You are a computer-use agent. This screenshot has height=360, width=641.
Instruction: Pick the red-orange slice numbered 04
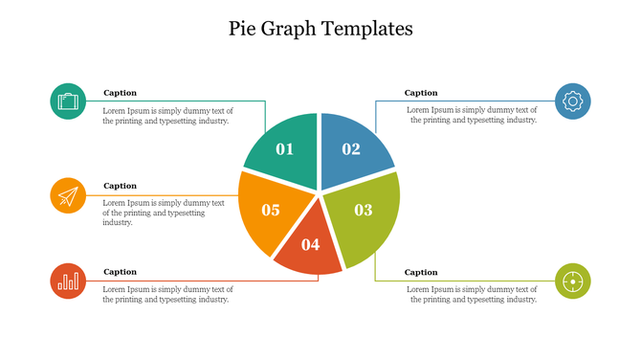pyautogui.click(x=309, y=247)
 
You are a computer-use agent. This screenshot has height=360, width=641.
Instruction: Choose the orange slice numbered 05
pyautogui.click(x=268, y=211)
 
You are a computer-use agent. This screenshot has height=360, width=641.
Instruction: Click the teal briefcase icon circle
pyautogui.click(x=68, y=101)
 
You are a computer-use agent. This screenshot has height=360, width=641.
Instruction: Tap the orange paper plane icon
pyautogui.click(x=68, y=195)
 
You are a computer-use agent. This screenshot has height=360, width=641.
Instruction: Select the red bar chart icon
pyautogui.click(x=68, y=281)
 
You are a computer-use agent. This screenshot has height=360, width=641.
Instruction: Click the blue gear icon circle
pyautogui.click(x=573, y=101)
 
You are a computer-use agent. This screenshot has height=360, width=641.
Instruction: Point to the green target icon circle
pyautogui.click(x=573, y=281)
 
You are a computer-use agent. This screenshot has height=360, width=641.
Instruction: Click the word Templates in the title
pyautogui.click(x=369, y=29)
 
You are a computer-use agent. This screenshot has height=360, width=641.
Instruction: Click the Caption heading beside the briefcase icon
pyautogui.click(x=121, y=93)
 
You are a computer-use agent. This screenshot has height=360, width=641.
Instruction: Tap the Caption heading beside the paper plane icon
pyautogui.click(x=121, y=186)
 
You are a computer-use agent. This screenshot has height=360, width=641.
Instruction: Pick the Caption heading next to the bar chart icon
pyautogui.click(x=121, y=272)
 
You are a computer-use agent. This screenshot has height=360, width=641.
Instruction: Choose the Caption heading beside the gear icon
pyautogui.click(x=421, y=93)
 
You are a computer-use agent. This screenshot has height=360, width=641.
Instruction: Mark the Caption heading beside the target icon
pyautogui.click(x=421, y=272)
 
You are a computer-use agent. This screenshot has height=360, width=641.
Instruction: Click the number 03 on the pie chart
pyautogui.click(x=364, y=210)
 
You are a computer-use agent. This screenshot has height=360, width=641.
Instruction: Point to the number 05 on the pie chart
pyautogui.click(x=271, y=210)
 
